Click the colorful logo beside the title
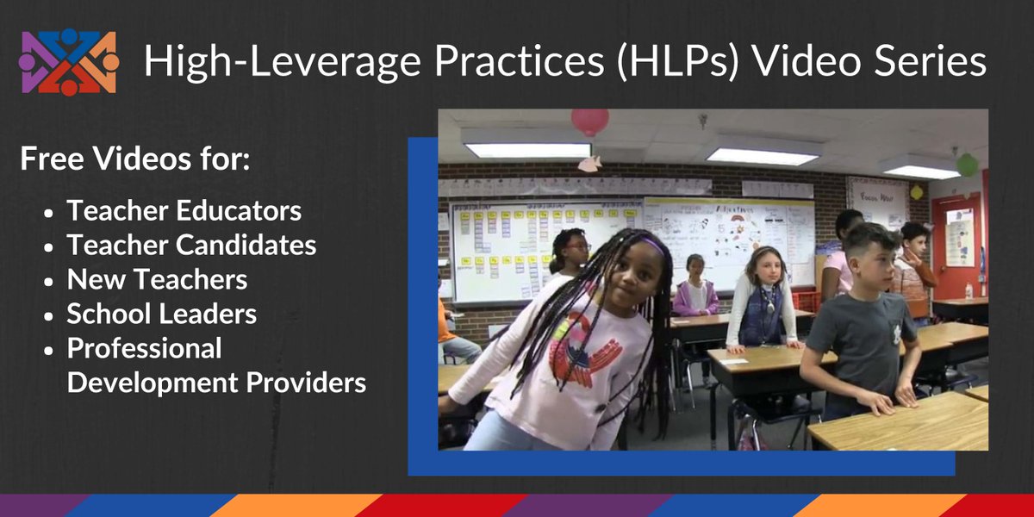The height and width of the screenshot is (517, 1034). (x=68, y=62)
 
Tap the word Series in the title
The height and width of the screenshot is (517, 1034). (x=934, y=62)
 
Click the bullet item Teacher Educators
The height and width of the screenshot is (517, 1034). (x=184, y=210)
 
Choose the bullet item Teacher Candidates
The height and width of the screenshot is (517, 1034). (x=191, y=245)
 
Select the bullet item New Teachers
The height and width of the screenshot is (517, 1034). (x=157, y=279)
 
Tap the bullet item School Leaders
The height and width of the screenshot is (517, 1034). (x=162, y=314)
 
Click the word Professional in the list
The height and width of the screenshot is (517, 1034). (x=145, y=348)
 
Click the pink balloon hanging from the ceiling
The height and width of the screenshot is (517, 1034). (x=590, y=121)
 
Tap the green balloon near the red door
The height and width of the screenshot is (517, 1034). (x=967, y=165)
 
